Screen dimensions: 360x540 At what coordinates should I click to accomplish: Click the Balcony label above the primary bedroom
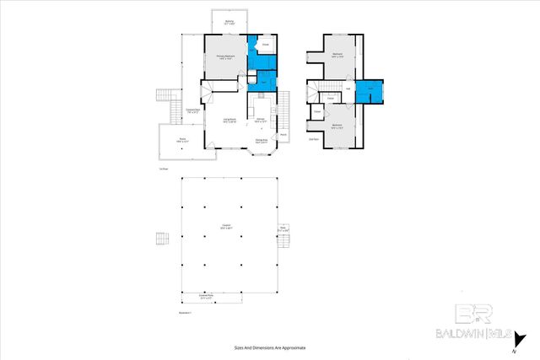[x=229, y=22]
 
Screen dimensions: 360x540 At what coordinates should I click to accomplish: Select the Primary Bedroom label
[x=225, y=58]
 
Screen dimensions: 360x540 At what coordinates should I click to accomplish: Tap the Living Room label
[x=229, y=121]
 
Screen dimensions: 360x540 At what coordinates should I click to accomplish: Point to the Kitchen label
[x=262, y=121]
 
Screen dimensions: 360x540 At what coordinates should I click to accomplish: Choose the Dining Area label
[x=262, y=140]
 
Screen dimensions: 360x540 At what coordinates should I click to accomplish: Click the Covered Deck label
[x=192, y=110]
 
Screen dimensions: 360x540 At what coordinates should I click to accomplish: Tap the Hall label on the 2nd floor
[x=348, y=87]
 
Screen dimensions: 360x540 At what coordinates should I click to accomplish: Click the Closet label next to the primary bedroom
[x=265, y=44]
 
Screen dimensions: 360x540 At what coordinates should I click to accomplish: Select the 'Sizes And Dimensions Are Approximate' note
[x=270, y=347]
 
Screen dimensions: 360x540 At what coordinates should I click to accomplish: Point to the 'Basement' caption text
[x=186, y=313]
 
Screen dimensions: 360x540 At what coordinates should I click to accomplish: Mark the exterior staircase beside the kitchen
[x=284, y=105]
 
